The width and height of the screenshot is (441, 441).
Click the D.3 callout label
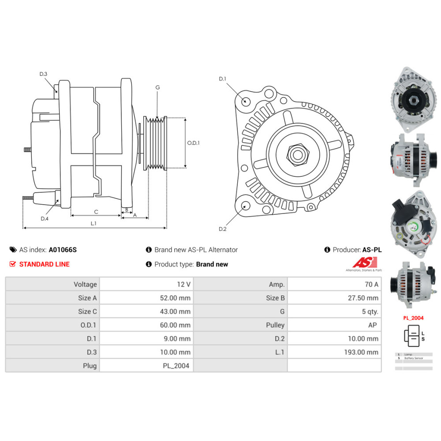click(x=43, y=74)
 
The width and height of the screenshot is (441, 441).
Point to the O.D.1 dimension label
click(x=194, y=143)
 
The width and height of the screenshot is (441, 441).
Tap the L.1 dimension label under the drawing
click(x=93, y=224)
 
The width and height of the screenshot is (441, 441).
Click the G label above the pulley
click(x=157, y=87)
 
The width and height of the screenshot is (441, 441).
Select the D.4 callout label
click(x=45, y=219)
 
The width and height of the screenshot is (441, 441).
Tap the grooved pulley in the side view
click(x=156, y=143)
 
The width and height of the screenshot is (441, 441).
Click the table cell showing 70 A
click(x=335, y=284)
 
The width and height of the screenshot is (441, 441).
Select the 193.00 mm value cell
click(x=335, y=352)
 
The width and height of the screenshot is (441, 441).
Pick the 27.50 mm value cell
click(x=335, y=298)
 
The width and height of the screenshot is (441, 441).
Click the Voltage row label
click(x=52, y=284)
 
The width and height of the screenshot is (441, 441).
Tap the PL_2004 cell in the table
click(x=146, y=366)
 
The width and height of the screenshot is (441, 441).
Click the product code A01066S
click(x=63, y=250)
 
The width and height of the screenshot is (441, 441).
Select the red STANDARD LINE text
click(x=44, y=264)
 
